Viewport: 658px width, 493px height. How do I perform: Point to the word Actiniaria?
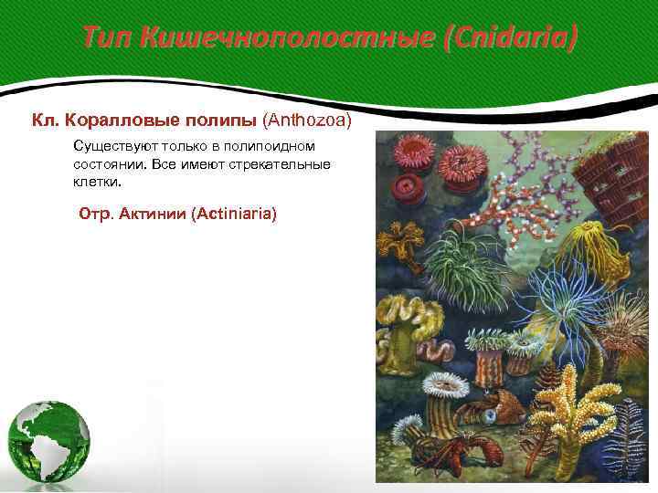pos(229,214)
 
